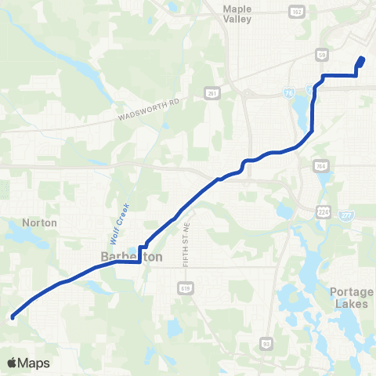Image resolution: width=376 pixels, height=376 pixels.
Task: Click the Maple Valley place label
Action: (x=237, y=13)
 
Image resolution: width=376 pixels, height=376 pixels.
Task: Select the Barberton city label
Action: (x=121, y=257)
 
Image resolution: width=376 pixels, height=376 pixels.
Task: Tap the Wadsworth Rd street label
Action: (x=149, y=108)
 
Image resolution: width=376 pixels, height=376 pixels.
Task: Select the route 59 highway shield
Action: (x=322, y=56)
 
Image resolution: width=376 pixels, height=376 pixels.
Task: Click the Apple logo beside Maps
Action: (x=13, y=363)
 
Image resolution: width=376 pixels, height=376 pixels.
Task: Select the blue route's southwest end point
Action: (x=13, y=317)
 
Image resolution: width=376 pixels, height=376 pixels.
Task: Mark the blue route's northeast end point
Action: (x=362, y=60)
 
